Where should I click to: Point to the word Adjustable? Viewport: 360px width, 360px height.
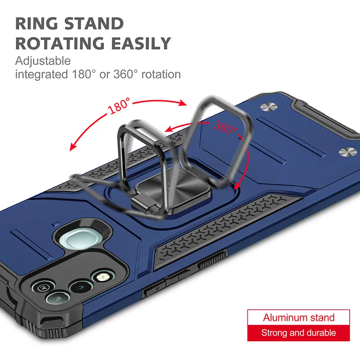pyautogui.click(x=43, y=61)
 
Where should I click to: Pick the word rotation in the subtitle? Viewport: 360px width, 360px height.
pyautogui.click(x=161, y=74)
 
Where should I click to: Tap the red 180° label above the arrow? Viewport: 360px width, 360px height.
pyautogui.click(x=120, y=107)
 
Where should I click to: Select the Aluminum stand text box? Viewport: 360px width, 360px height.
pyautogui.click(x=298, y=317)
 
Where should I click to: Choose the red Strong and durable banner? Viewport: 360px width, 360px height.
pyautogui.click(x=298, y=333)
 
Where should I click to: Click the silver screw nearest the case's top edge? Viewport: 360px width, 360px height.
pyautogui.click(x=268, y=107)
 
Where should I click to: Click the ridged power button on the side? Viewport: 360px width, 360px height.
pyautogui.click(x=211, y=261)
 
